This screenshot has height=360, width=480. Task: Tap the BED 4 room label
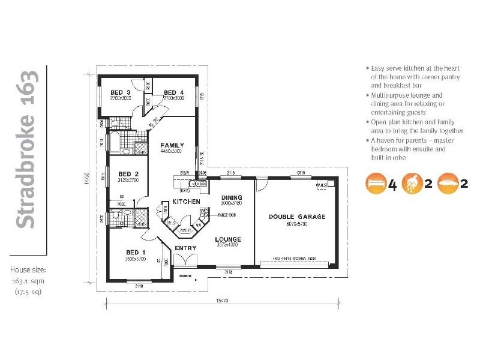pos(173,92)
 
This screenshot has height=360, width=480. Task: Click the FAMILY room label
pos(171,145)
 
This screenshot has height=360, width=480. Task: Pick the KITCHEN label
pos(186,202)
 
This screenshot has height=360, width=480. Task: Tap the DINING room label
pos(231,197)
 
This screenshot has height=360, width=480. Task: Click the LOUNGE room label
pos(229,238)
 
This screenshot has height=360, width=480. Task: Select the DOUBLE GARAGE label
pos(297,217)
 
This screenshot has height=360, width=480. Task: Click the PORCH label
pos(185,276)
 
